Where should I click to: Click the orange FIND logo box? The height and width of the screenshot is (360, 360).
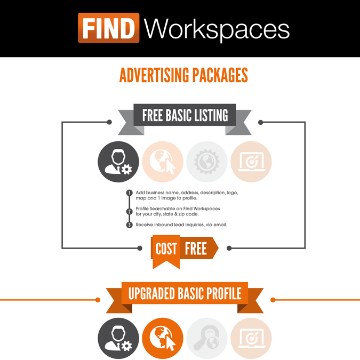pyautogui.click(x=108, y=28)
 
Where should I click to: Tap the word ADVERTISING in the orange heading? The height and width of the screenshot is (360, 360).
pyautogui.click(x=152, y=75)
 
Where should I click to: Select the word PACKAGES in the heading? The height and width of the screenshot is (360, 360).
pyautogui.click(x=218, y=75)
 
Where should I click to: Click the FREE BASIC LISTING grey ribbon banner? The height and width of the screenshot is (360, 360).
pyautogui.click(x=185, y=115)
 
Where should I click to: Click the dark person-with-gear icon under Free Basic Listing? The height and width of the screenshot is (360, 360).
pyautogui.click(x=118, y=162)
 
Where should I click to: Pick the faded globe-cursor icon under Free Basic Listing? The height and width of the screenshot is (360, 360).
pyautogui.click(x=163, y=162)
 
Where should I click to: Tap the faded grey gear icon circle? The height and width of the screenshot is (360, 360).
pyautogui.click(x=207, y=162)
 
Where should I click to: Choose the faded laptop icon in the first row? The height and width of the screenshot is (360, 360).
pyautogui.click(x=251, y=162)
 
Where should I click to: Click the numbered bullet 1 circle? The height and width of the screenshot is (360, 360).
pyautogui.click(x=129, y=193)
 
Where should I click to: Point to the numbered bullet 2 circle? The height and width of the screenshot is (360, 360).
pyautogui.click(x=129, y=212)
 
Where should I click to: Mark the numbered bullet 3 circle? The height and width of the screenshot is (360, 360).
pyautogui.click(x=129, y=225)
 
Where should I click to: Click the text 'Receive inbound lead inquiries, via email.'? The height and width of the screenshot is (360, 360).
pyautogui.click(x=181, y=225)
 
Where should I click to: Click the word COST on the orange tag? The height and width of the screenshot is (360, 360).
pyautogui.click(x=166, y=249)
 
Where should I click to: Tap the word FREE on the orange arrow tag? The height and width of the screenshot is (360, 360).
pyautogui.click(x=196, y=249)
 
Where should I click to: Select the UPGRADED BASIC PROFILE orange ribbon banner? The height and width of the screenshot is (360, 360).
pyautogui.click(x=185, y=294)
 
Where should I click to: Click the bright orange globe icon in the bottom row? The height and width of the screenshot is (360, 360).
pyautogui.click(x=163, y=338)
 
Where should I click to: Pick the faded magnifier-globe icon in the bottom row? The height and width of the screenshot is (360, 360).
pyautogui.click(x=207, y=338)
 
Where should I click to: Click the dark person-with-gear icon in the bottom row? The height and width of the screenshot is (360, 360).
pyautogui.click(x=118, y=338)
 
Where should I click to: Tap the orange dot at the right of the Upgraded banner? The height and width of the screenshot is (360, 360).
pyautogui.click(x=273, y=300)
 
